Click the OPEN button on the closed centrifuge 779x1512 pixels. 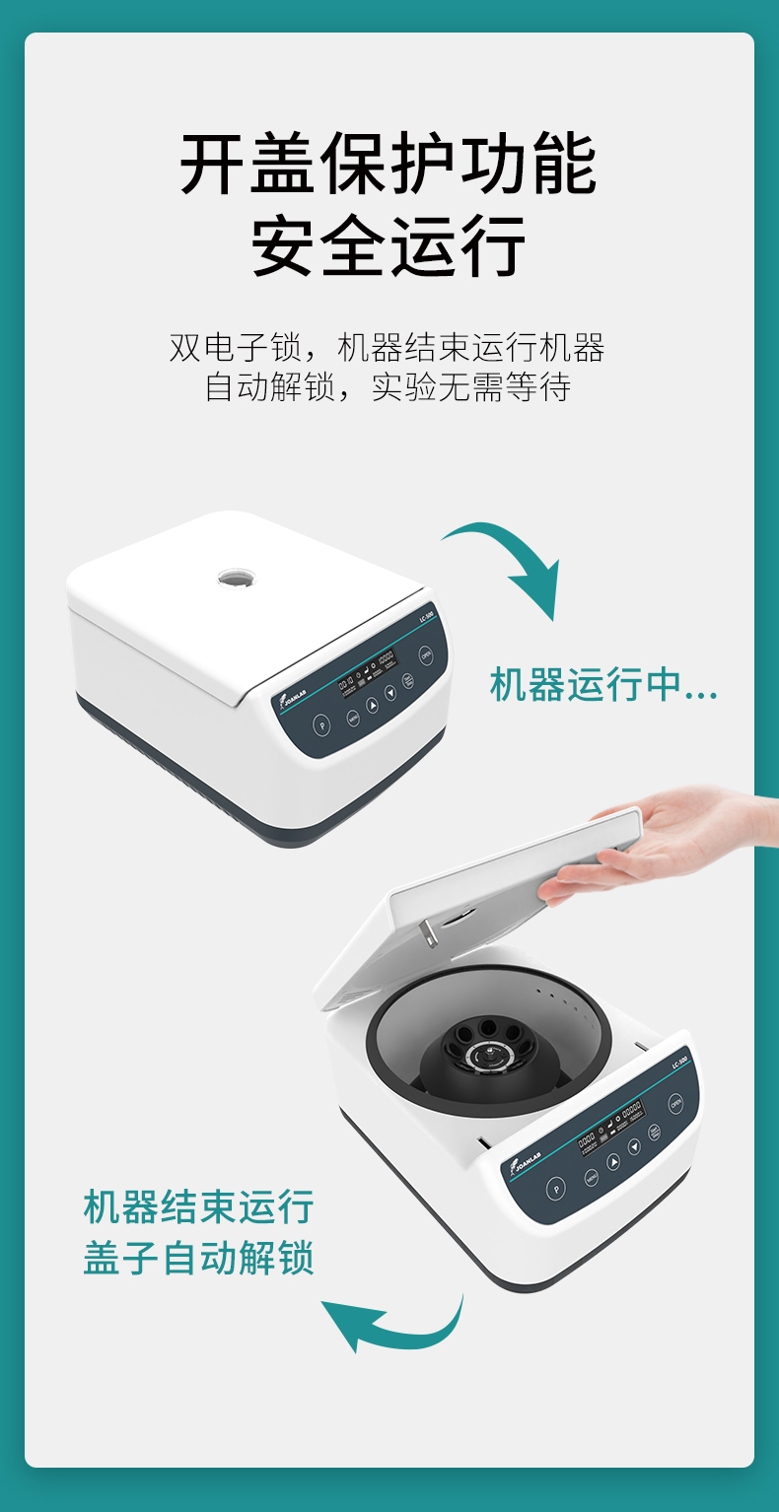426,654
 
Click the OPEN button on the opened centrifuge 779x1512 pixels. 676,1103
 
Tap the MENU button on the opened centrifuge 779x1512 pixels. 592,1177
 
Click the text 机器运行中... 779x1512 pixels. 602,685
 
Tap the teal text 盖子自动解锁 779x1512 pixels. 198,1259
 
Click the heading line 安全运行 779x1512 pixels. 389,245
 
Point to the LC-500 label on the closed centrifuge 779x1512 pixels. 425,616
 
